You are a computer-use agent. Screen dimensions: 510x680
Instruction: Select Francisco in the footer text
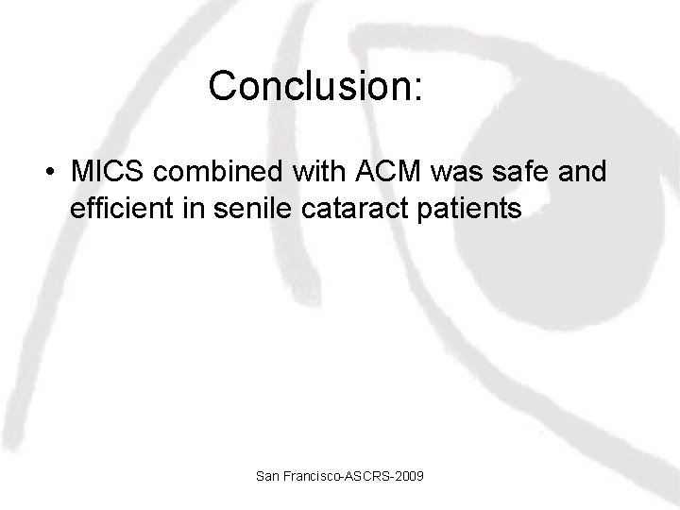click(x=313, y=478)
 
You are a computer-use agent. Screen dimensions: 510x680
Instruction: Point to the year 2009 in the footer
click(x=409, y=478)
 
